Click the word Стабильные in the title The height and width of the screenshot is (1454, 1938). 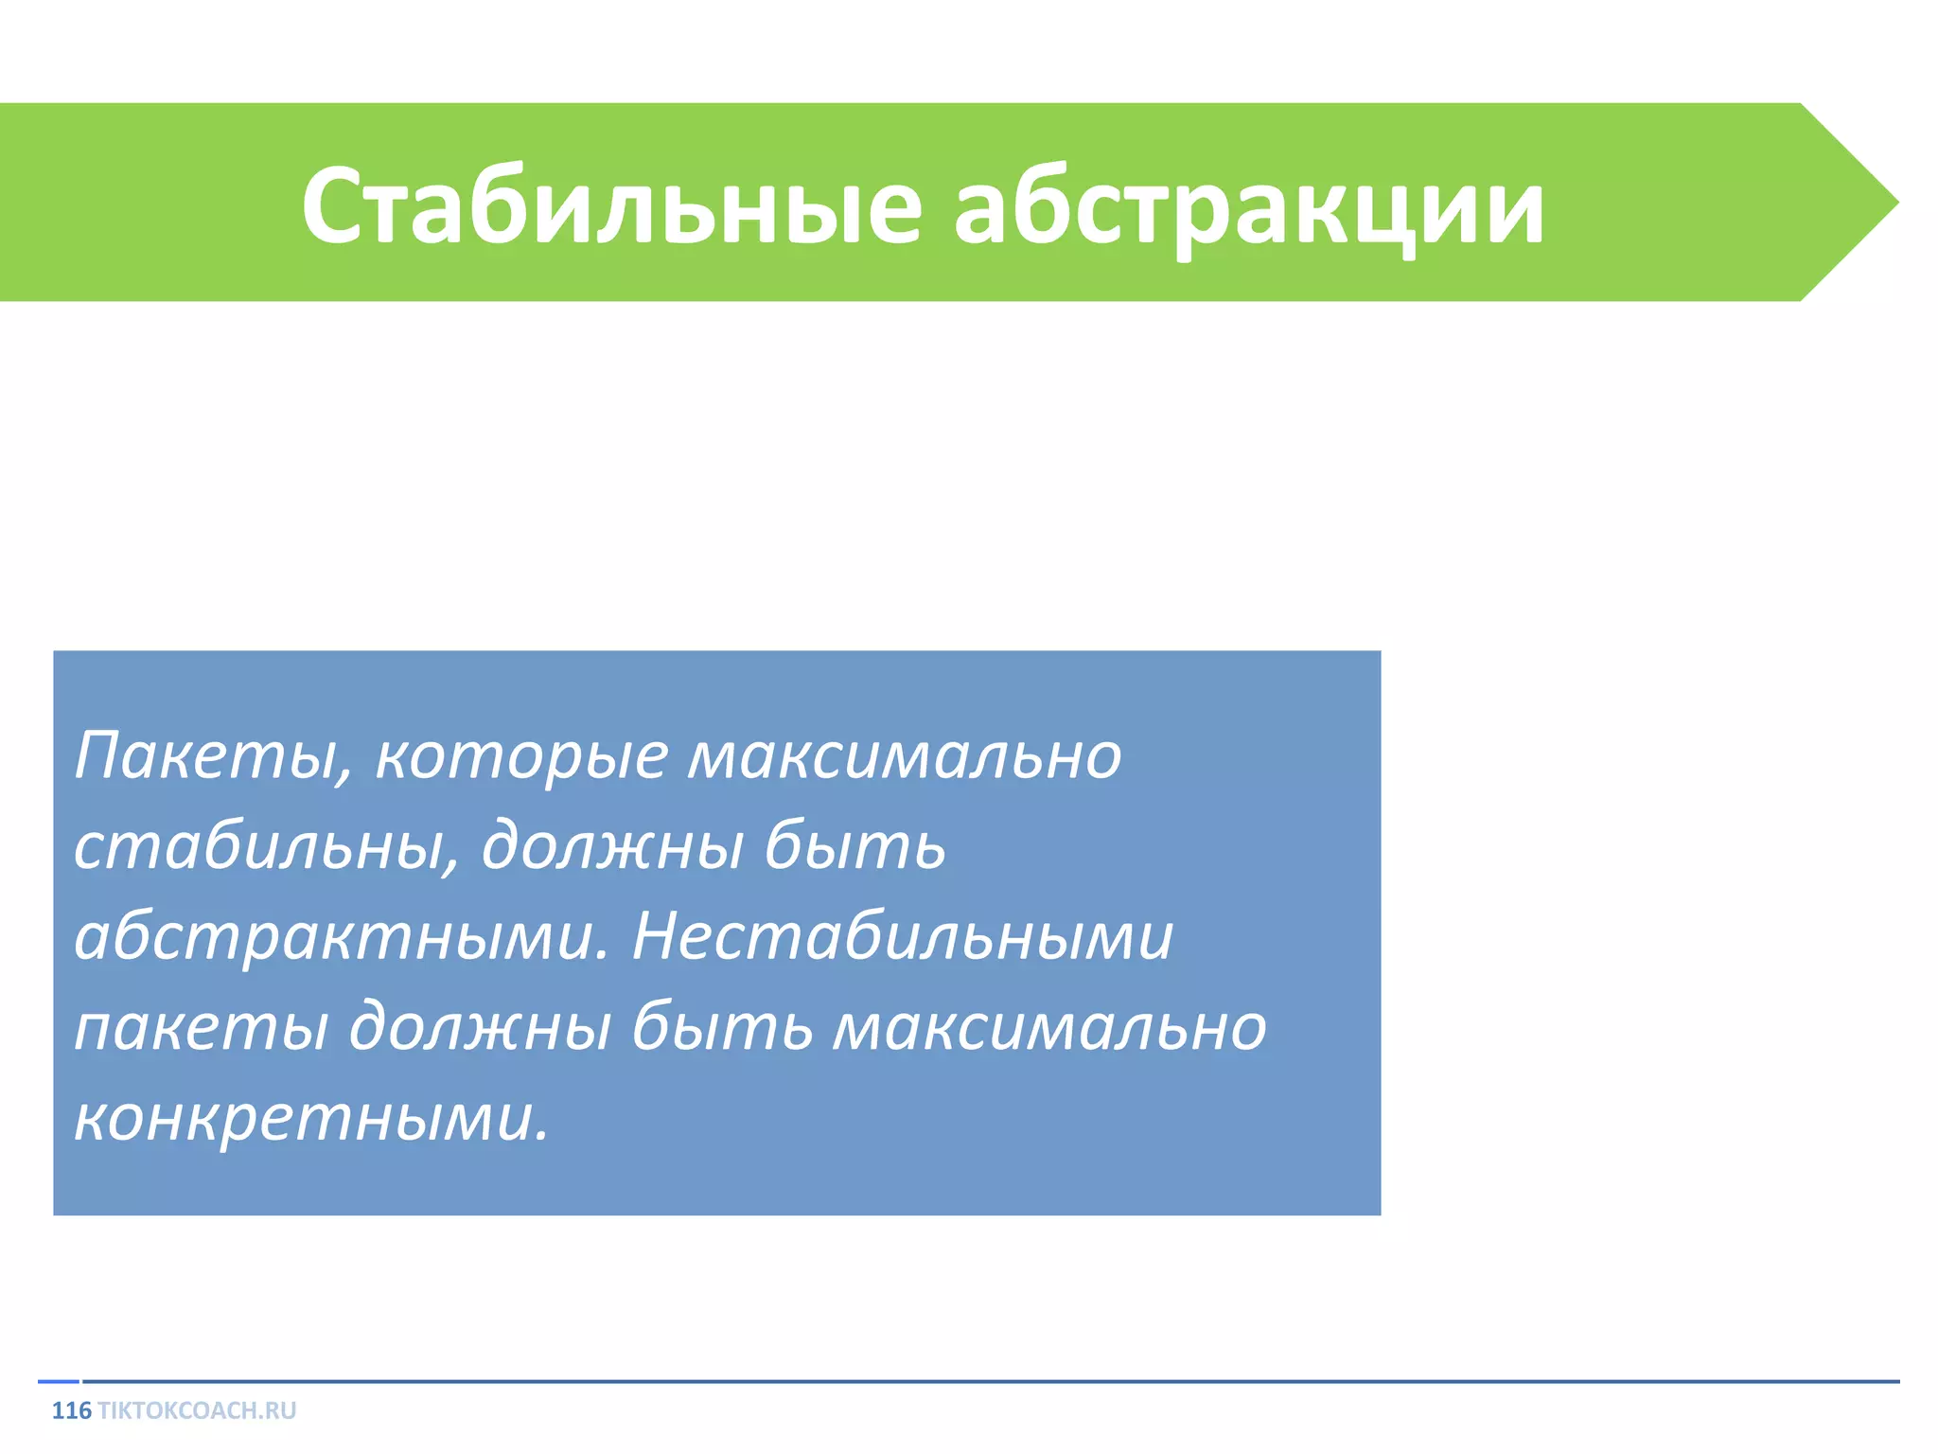tap(610, 206)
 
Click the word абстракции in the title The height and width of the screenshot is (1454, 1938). tap(1248, 206)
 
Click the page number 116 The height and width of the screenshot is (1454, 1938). tap(71, 1411)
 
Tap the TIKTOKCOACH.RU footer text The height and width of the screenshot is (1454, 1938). tap(197, 1411)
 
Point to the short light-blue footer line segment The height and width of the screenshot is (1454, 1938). tap(58, 1382)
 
